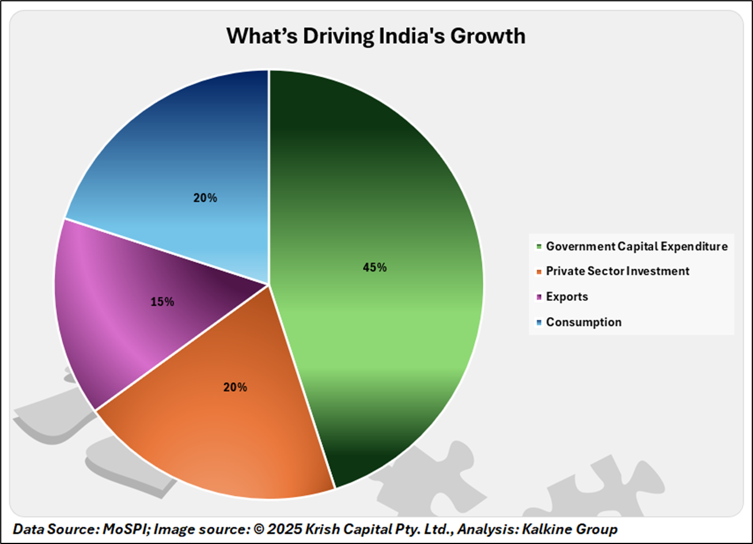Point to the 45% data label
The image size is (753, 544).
click(x=374, y=267)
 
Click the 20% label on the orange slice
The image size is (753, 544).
click(x=235, y=387)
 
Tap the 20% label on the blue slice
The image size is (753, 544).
click(x=205, y=198)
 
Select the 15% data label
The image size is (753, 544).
click(x=162, y=301)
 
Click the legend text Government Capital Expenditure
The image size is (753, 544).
click(x=637, y=246)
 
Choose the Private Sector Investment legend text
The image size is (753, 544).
click(x=617, y=271)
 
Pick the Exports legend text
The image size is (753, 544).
click(x=567, y=296)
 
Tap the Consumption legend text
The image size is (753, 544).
click(x=584, y=322)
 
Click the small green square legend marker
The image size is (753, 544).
click(x=539, y=247)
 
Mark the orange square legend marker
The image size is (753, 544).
click(x=539, y=271)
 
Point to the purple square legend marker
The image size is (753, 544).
click(x=539, y=297)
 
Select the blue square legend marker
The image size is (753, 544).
click(x=539, y=322)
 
